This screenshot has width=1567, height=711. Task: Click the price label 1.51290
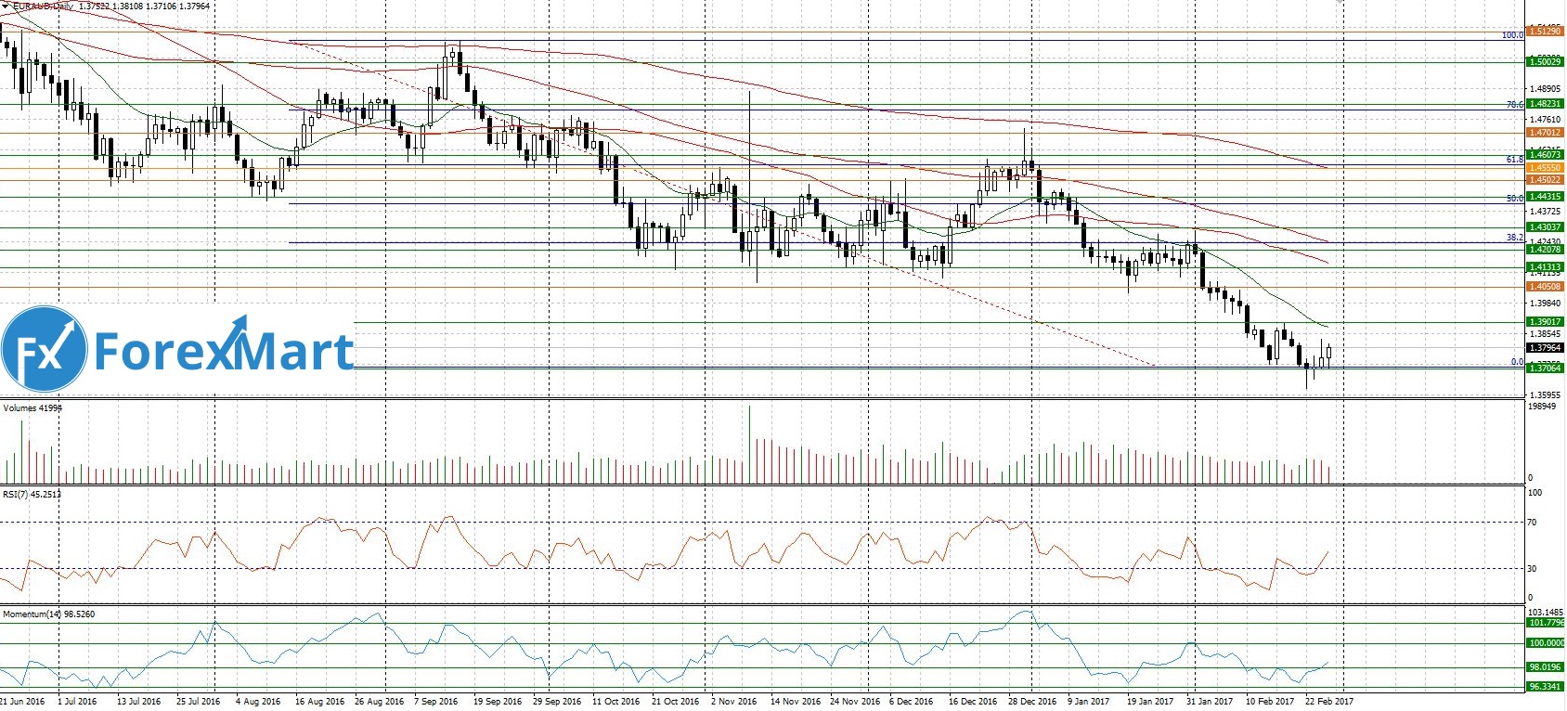pos(1545,32)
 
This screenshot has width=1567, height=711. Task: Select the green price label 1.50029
pos(1545,61)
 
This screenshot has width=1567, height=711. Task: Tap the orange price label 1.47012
pos(1545,133)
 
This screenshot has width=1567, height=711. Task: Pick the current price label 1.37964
pos(1545,348)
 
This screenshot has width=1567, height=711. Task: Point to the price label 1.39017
pos(1545,322)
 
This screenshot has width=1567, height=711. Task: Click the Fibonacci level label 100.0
pos(1512,35)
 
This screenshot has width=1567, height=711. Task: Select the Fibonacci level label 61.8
pos(1514,160)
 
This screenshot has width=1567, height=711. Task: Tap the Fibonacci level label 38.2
pos(1514,238)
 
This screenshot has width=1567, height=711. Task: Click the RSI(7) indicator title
pos(32,494)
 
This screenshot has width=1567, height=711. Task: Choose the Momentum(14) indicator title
pos(48,614)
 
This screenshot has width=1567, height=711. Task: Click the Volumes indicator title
pos(32,407)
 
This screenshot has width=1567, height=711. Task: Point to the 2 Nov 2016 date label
pos(733,702)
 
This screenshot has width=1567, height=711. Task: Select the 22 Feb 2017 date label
pos(1328,702)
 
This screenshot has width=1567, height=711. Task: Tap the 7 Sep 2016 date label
pos(435,702)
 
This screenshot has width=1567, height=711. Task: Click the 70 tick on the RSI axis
pos(1534,523)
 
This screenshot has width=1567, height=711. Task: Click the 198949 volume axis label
pos(1542,407)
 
